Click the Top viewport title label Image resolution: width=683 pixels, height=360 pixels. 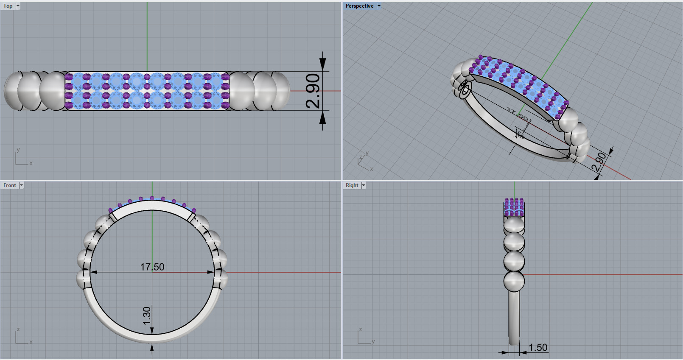tap(8, 6)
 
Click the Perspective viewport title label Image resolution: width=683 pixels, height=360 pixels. tap(359, 6)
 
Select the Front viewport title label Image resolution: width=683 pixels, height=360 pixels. tap(9, 185)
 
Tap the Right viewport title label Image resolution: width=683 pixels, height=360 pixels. tap(352, 185)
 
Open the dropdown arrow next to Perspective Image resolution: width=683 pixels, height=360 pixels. tap(379, 6)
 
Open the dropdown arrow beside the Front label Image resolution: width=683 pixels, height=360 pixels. tap(21, 185)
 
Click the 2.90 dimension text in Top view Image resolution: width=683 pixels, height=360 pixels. tap(313, 90)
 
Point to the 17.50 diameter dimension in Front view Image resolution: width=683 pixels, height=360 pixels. tap(152, 267)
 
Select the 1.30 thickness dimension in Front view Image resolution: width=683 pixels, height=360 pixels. tap(147, 316)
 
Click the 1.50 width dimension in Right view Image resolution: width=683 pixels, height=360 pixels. tap(538, 348)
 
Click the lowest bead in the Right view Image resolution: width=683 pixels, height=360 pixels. tap(514, 282)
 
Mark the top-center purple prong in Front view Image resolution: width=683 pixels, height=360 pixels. tap(152, 198)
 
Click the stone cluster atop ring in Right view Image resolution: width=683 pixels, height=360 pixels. tap(514, 207)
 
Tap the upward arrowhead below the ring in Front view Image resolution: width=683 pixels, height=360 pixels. tap(152, 348)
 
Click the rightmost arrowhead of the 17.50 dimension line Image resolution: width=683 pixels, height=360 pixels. tap(210, 272)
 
